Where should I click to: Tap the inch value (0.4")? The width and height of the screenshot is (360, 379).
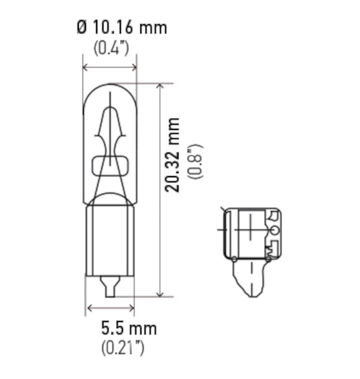pos(111,48)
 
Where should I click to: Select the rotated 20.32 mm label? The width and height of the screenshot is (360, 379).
pos(174,154)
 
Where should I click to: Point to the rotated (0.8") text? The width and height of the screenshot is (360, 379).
pos(195,161)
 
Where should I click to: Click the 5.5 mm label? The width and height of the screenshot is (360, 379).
pos(129,328)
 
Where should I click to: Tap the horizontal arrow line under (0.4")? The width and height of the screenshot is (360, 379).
pos(110,67)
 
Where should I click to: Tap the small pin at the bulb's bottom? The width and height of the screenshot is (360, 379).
pos(110,287)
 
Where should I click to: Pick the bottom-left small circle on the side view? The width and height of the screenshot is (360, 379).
pos(234,259)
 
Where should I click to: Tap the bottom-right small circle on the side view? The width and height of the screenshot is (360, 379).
pos(268,259)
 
